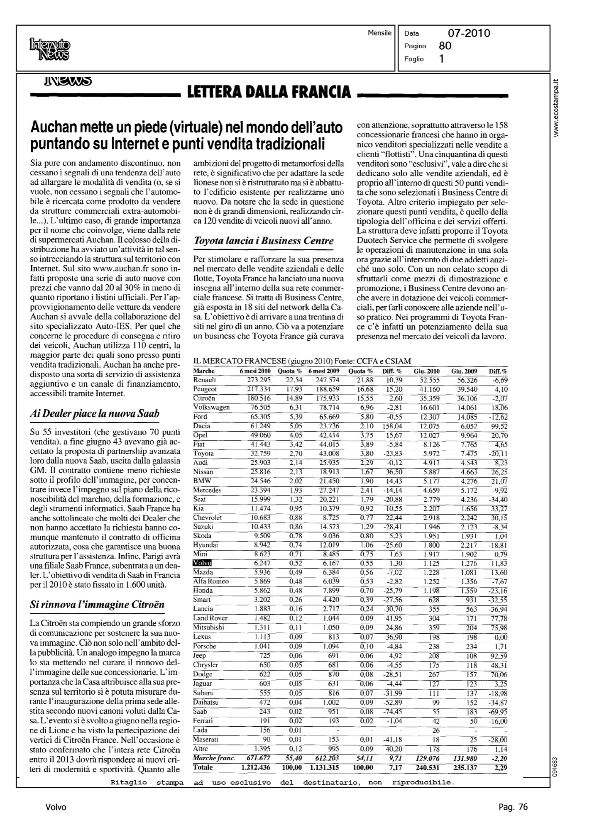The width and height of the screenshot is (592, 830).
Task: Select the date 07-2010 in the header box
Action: [469, 33]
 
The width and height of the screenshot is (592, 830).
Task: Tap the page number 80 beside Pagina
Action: [445, 46]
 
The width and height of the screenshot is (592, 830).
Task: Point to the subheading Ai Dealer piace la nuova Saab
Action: [95, 414]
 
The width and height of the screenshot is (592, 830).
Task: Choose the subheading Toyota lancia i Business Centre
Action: [264, 241]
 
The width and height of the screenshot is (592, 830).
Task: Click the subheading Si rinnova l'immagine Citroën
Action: [98, 604]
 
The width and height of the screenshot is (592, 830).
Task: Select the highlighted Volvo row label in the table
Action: [203, 563]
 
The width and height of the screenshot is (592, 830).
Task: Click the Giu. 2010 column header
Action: [427, 371]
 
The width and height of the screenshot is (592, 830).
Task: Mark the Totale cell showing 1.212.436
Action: [255, 767]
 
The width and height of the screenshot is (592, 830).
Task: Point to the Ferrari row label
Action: [203, 720]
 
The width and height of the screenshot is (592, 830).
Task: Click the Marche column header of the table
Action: [204, 371]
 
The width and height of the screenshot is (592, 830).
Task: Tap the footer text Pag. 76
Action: [513, 807]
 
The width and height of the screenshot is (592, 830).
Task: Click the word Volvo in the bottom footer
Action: [56, 807]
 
